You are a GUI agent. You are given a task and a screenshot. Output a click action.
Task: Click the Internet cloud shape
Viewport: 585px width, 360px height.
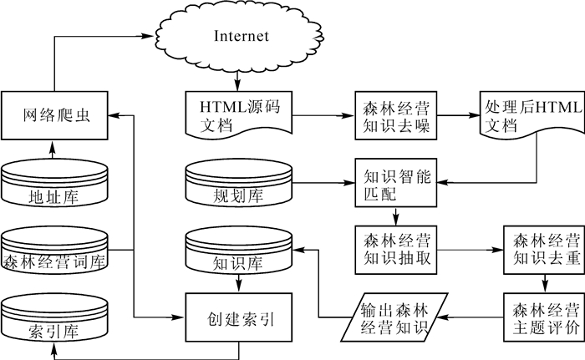tap(241, 37)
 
